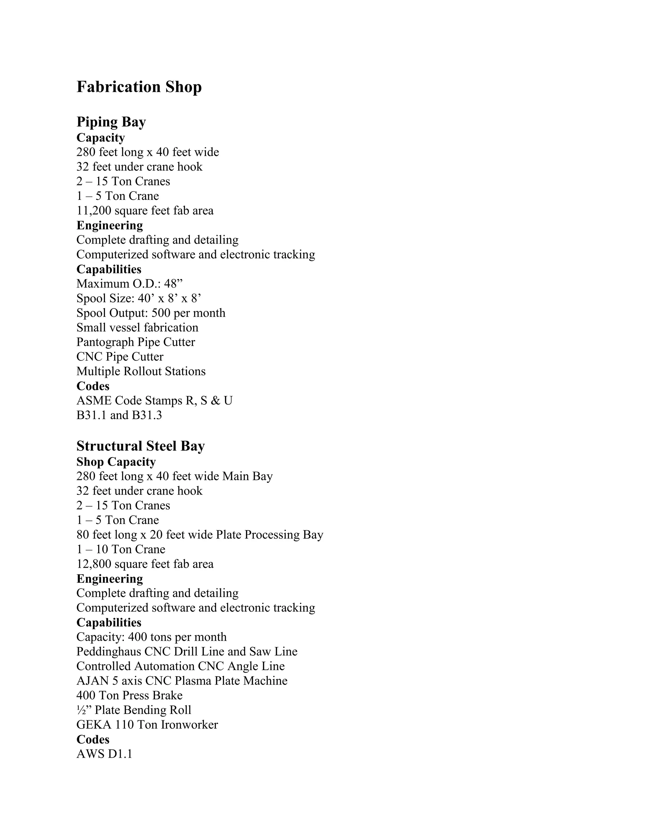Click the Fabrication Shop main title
pos(139,87)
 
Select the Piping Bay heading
pos(111,122)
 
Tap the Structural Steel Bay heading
pos(140,446)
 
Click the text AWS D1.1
pos(104,754)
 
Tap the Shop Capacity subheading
pos(116,462)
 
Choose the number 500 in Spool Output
pos(161,313)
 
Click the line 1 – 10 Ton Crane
pos(121,549)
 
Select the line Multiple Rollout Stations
pos(141,371)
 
